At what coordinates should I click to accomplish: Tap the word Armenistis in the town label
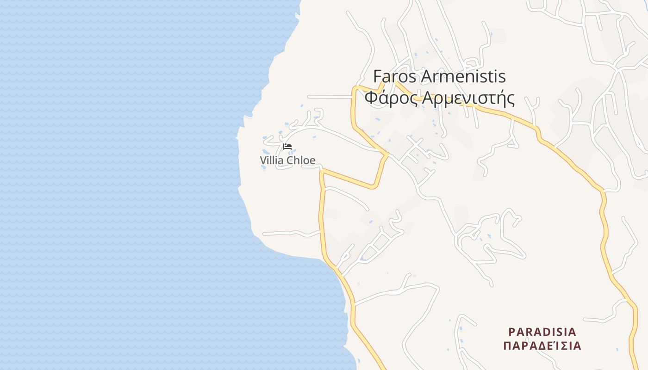click(463, 76)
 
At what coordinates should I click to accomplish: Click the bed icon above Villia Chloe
click(287, 147)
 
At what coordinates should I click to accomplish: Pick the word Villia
click(272, 160)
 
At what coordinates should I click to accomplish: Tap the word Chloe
click(301, 160)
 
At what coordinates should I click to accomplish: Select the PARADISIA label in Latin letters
click(542, 332)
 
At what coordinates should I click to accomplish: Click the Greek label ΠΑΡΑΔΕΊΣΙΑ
click(542, 346)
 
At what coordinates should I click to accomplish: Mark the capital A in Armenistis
click(426, 76)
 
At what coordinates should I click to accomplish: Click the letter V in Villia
click(263, 160)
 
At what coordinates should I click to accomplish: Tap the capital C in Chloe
click(290, 160)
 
